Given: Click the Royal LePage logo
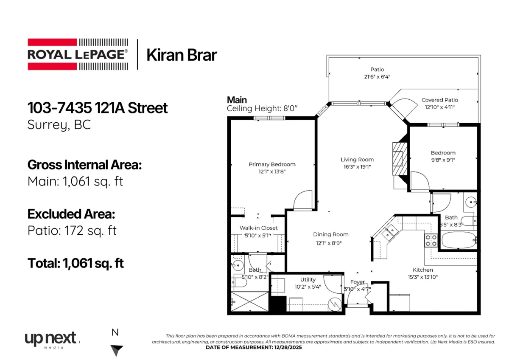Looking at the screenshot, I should click(78, 54).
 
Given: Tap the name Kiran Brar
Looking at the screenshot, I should click(182, 55).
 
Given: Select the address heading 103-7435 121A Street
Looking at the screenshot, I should click(98, 108).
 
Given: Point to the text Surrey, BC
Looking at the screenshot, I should click(59, 125).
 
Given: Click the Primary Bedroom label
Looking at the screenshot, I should click(272, 164).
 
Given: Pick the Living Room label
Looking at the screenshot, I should click(357, 160).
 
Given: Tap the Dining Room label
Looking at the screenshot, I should click(331, 234).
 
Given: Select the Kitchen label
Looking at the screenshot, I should click(423, 270).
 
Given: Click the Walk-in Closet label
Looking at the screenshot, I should click(259, 228).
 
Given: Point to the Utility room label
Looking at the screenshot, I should click(308, 280).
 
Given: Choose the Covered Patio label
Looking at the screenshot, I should click(439, 100).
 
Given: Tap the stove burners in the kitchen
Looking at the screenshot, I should click(431, 241).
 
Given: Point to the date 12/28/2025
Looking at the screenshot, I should click(291, 347).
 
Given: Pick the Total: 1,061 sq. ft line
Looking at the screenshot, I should click(76, 263).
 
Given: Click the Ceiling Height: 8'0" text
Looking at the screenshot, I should click(262, 109).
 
